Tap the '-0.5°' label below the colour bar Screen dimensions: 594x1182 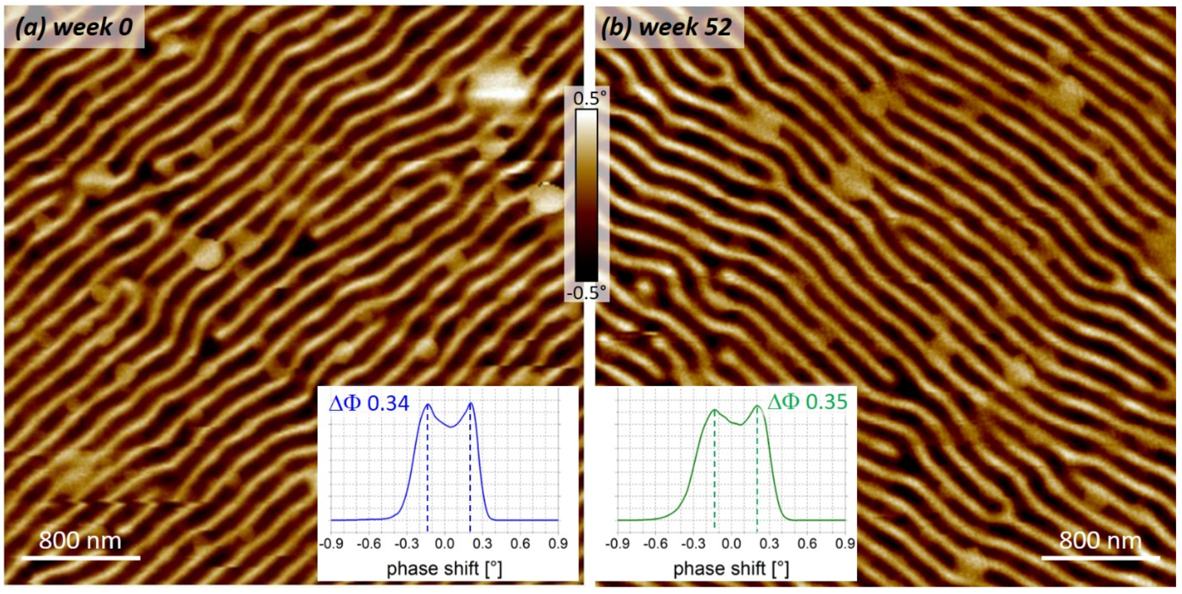[x=586, y=293]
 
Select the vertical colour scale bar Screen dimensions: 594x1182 [x=586, y=195]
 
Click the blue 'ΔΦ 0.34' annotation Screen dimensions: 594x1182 [x=369, y=403]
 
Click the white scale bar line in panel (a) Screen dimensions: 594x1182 [x=81, y=558]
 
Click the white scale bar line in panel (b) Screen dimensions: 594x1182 [x=1100, y=558]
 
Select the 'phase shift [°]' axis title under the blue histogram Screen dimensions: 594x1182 [x=444, y=569]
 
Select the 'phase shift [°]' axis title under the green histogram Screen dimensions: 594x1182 [x=731, y=569]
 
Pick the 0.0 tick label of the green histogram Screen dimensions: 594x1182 [x=731, y=544]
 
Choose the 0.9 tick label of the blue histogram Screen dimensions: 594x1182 [x=557, y=544]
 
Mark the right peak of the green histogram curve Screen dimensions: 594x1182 [x=757, y=406]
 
